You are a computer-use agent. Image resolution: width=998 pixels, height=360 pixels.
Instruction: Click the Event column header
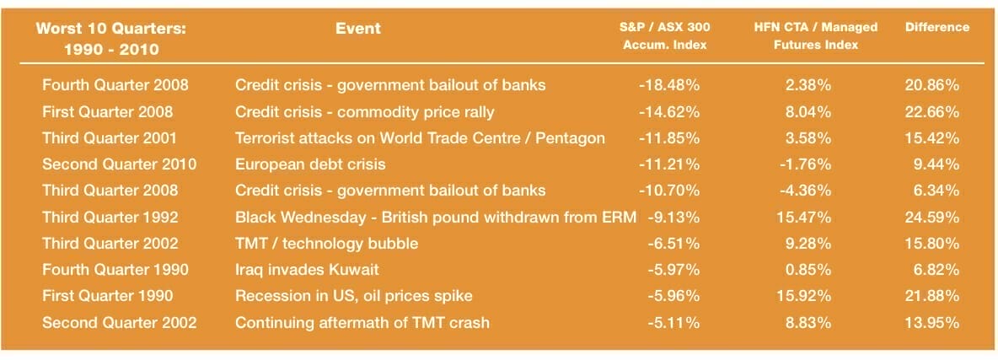click(x=358, y=28)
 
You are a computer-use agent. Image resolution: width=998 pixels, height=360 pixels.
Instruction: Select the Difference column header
click(x=937, y=27)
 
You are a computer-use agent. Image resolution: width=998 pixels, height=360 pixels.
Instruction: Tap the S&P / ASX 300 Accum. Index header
click(x=664, y=36)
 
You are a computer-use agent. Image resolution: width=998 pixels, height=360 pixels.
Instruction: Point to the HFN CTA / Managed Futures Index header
click(x=815, y=36)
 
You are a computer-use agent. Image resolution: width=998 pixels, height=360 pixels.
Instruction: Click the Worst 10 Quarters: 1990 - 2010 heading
click(x=111, y=38)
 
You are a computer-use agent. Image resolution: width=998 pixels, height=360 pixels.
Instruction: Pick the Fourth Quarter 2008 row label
click(x=115, y=85)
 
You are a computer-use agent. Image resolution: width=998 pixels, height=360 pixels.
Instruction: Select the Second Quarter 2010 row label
click(x=120, y=164)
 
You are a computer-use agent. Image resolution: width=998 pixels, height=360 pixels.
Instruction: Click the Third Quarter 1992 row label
click(x=110, y=218)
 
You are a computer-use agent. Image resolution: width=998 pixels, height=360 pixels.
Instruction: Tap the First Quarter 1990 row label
click(x=108, y=296)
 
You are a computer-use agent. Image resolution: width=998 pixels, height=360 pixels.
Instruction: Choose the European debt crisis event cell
click(x=310, y=164)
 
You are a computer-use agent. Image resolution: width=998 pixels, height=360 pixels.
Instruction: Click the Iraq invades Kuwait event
click(x=307, y=270)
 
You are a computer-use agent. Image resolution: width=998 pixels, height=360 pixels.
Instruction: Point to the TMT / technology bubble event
click(x=326, y=244)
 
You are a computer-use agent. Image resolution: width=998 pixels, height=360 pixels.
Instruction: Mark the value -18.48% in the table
click(x=669, y=85)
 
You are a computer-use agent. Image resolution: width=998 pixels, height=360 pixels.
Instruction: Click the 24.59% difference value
click(x=931, y=218)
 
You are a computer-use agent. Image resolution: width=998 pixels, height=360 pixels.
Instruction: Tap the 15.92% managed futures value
click(x=804, y=296)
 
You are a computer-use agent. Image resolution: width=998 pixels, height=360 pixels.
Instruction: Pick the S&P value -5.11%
click(x=674, y=322)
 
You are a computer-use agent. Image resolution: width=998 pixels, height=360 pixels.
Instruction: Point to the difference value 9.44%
click(x=936, y=164)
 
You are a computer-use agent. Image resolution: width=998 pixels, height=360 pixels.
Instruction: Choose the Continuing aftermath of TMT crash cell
click(x=362, y=322)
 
